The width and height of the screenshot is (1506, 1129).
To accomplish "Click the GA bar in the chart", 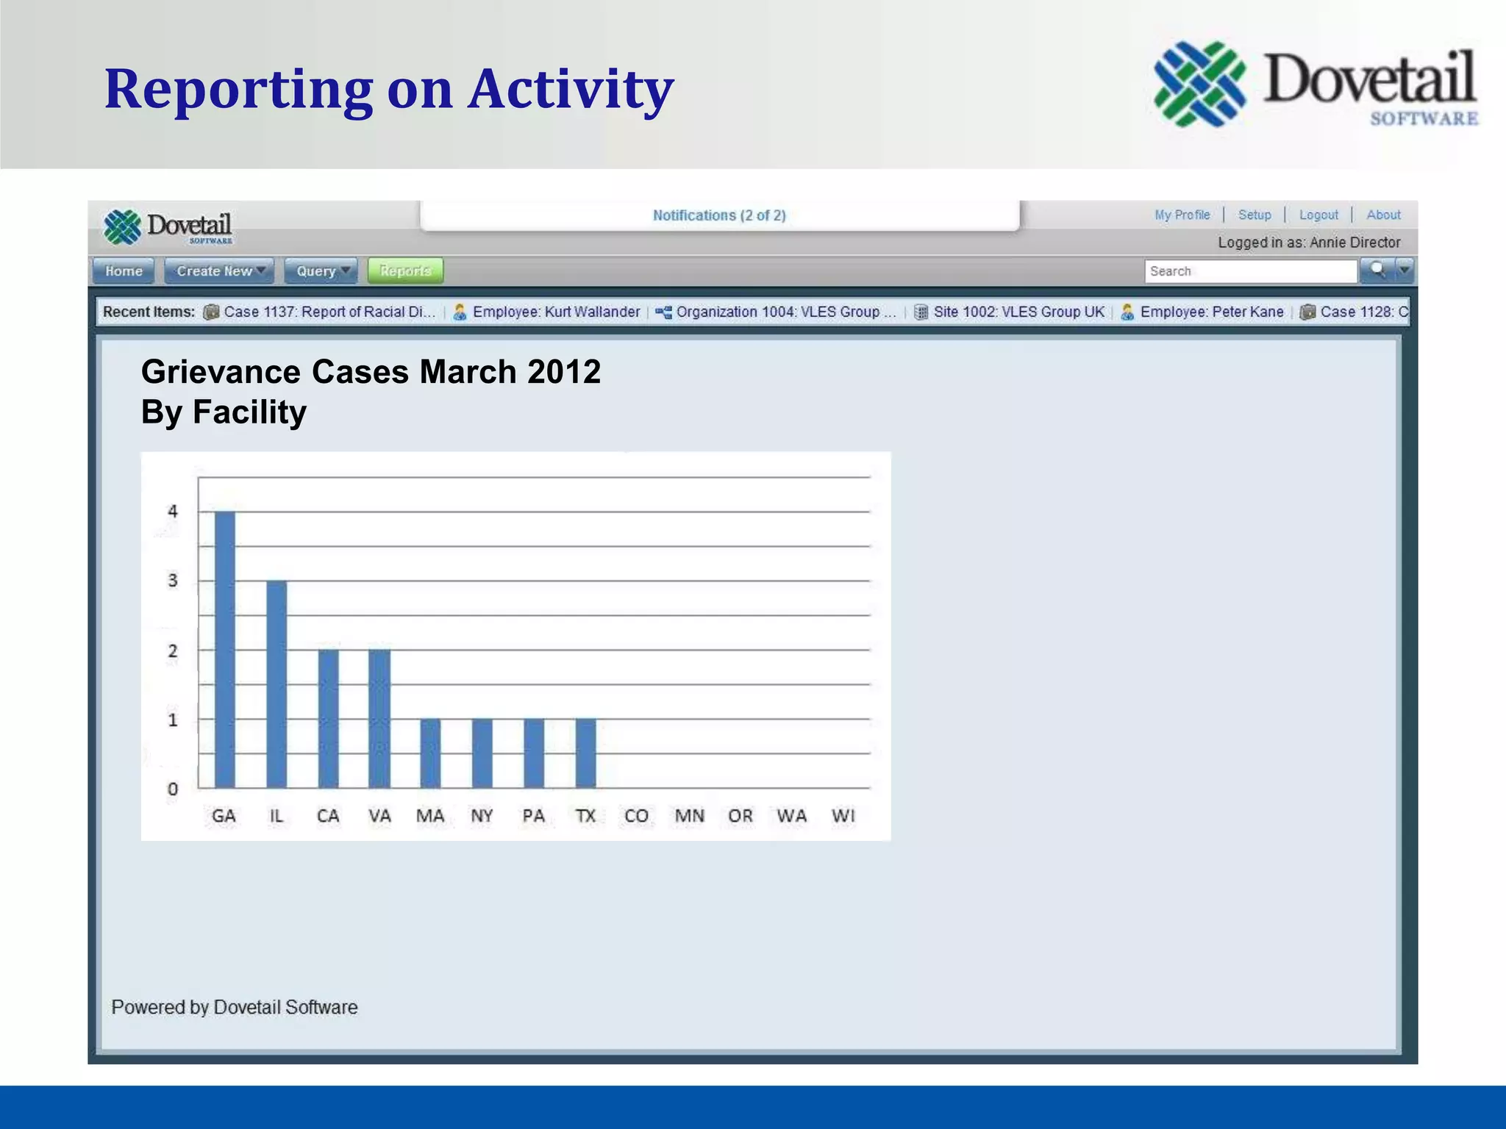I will coord(225,650).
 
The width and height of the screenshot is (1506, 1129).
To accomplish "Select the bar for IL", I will coord(276,684).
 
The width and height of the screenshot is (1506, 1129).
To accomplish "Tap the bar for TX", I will coord(586,753).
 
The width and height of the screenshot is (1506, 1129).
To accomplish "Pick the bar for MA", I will coord(431,753).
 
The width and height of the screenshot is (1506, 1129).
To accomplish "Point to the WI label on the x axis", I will coord(843,816).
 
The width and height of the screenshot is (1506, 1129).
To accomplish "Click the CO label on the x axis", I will coord(637,816).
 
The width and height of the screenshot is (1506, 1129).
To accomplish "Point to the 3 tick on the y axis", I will coord(173,581).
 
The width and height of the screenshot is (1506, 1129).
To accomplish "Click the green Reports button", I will coord(405,271).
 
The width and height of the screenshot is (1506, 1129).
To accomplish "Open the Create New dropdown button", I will coord(219,271).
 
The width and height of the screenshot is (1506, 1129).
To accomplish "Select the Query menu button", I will coord(321,271).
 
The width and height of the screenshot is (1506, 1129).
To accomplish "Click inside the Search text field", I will coord(1249,271).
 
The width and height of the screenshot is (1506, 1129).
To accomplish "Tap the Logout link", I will coord(1318,215).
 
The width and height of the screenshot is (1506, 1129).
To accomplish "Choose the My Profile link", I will coord(1182,215).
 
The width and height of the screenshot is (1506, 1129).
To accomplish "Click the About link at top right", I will coord(1383,215).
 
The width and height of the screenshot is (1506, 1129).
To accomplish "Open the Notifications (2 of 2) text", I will coord(719,215).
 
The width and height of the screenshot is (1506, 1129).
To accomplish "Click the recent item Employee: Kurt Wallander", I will coord(555,312).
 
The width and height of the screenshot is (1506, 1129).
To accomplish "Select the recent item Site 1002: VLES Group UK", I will coord(1018,312).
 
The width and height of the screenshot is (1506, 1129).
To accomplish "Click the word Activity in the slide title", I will coord(571,90).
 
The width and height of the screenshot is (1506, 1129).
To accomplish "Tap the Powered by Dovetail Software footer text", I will coord(235,1007).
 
